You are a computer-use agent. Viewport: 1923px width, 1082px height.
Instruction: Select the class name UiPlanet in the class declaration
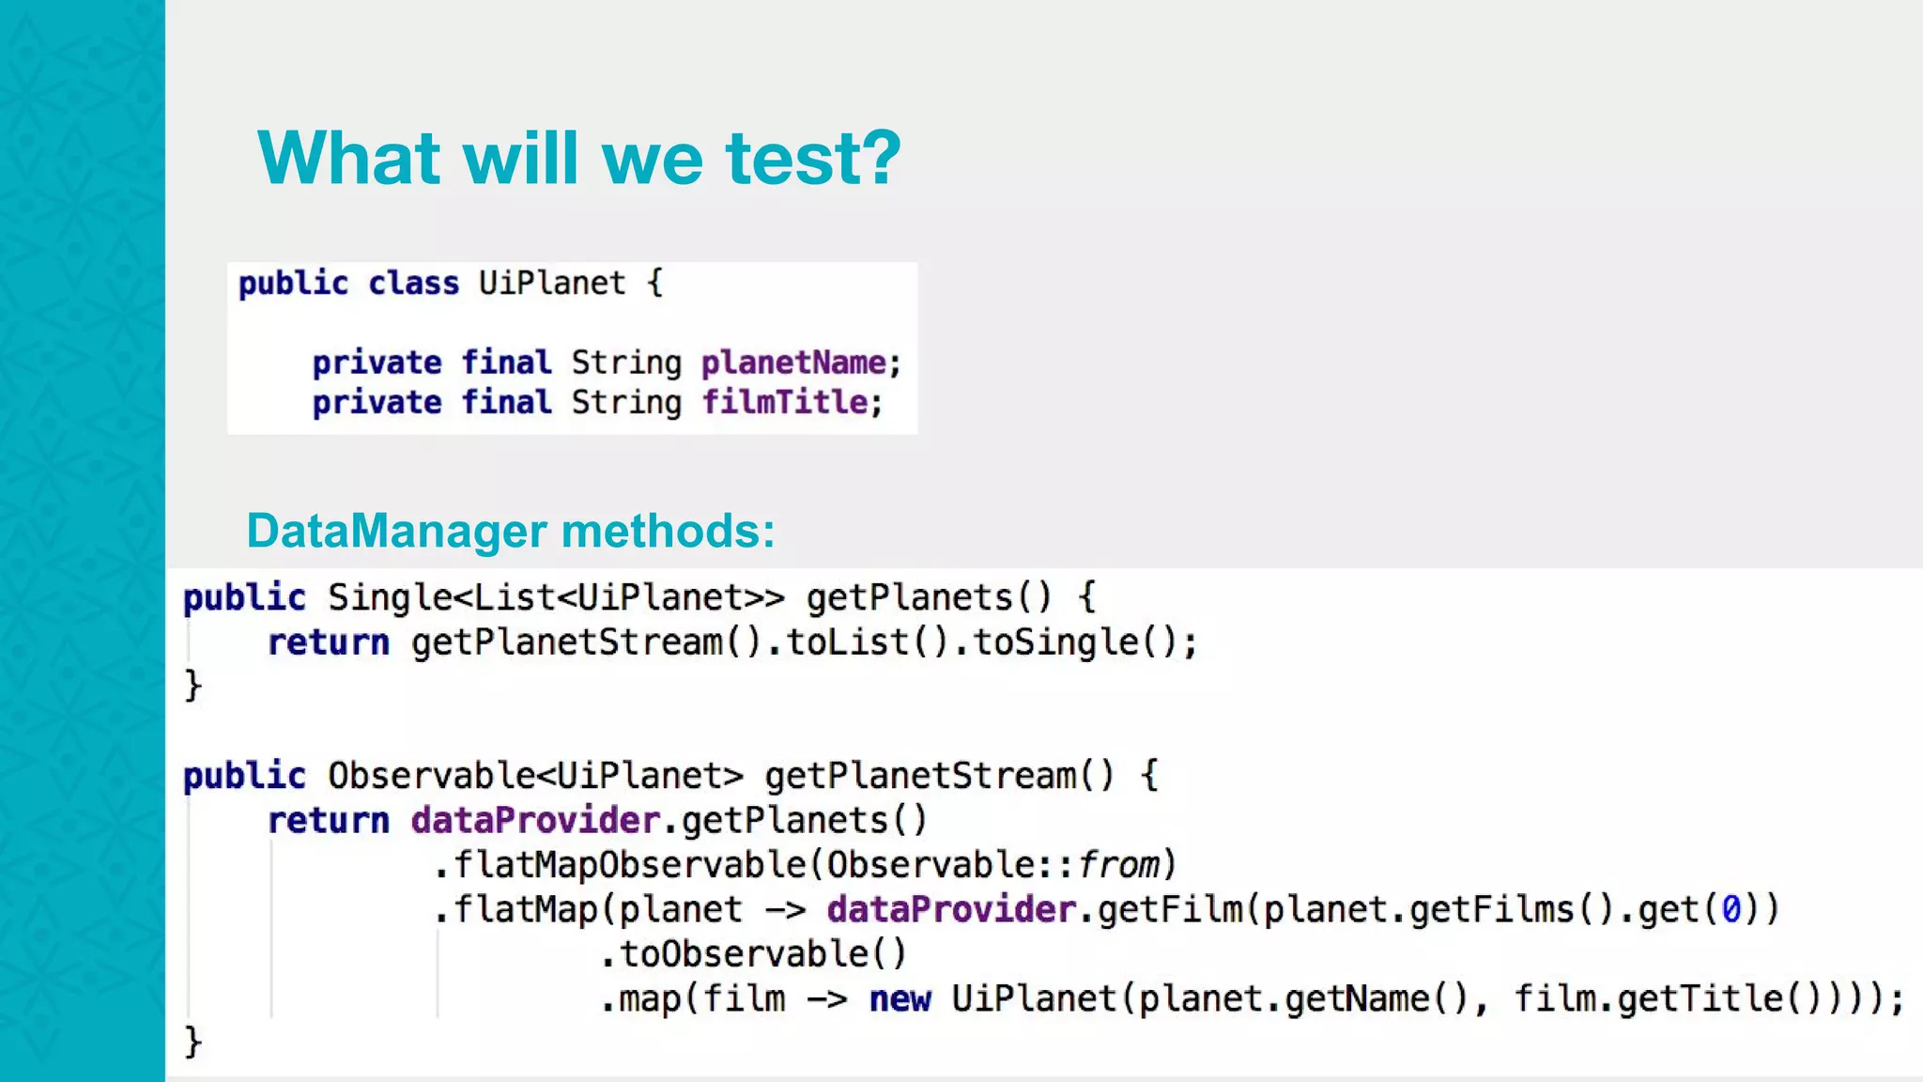[x=551, y=283]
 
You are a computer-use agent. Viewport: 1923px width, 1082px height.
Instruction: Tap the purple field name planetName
[x=793, y=363]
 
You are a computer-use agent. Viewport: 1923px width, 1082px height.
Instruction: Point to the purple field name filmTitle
[x=785, y=403]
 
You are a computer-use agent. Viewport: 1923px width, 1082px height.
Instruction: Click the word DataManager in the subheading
[x=394, y=531]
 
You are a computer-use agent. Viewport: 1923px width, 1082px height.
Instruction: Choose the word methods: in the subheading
[x=668, y=531]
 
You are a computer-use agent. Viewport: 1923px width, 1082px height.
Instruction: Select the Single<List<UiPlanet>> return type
[x=556, y=597]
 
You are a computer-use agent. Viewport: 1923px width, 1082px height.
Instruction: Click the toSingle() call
[x=1073, y=642]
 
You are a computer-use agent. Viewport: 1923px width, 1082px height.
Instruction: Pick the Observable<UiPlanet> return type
[x=535, y=776]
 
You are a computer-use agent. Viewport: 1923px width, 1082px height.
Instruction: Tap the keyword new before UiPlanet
[x=900, y=999]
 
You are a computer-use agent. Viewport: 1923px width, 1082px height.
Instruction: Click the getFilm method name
[x=1170, y=910]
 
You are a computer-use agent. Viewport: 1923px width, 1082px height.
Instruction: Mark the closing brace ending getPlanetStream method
[x=192, y=1042]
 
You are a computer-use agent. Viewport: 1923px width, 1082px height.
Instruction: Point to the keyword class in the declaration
[x=413, y=283]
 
